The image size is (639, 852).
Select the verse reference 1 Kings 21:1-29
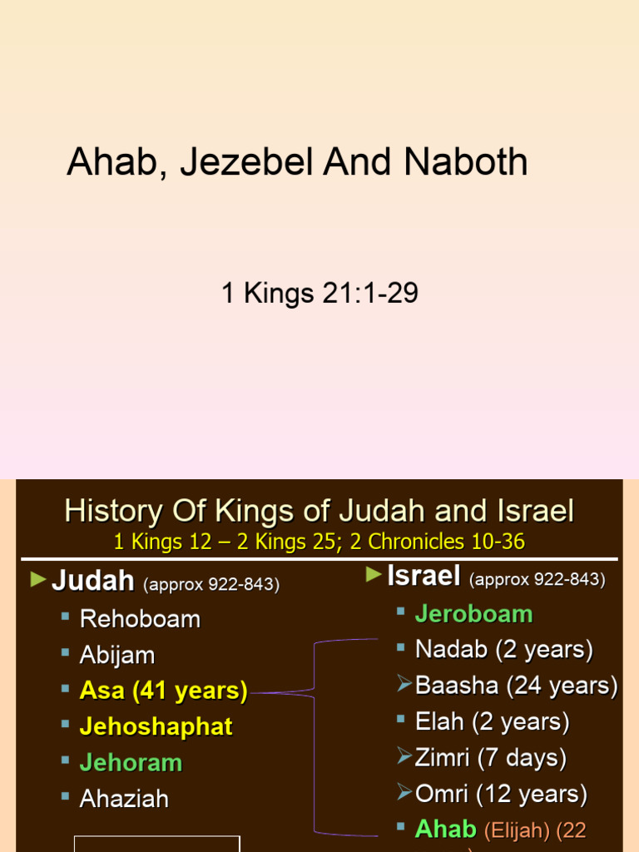pos(319,293)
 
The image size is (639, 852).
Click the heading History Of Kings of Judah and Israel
pos(319,511)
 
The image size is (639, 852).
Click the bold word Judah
pos(93,581)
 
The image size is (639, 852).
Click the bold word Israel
pos(424,575)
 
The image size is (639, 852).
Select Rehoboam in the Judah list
pos(140,618)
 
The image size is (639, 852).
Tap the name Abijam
pos(117,655)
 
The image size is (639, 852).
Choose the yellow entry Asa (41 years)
pos(164,691)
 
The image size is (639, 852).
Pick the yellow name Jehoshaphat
pos(156,726)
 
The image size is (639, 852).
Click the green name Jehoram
pos(131,762)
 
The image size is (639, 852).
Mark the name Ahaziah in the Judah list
pos(124,799)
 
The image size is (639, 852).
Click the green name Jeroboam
pos(473,614)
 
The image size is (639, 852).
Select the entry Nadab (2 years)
pos(504,649)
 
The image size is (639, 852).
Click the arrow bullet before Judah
pos(38,580)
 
